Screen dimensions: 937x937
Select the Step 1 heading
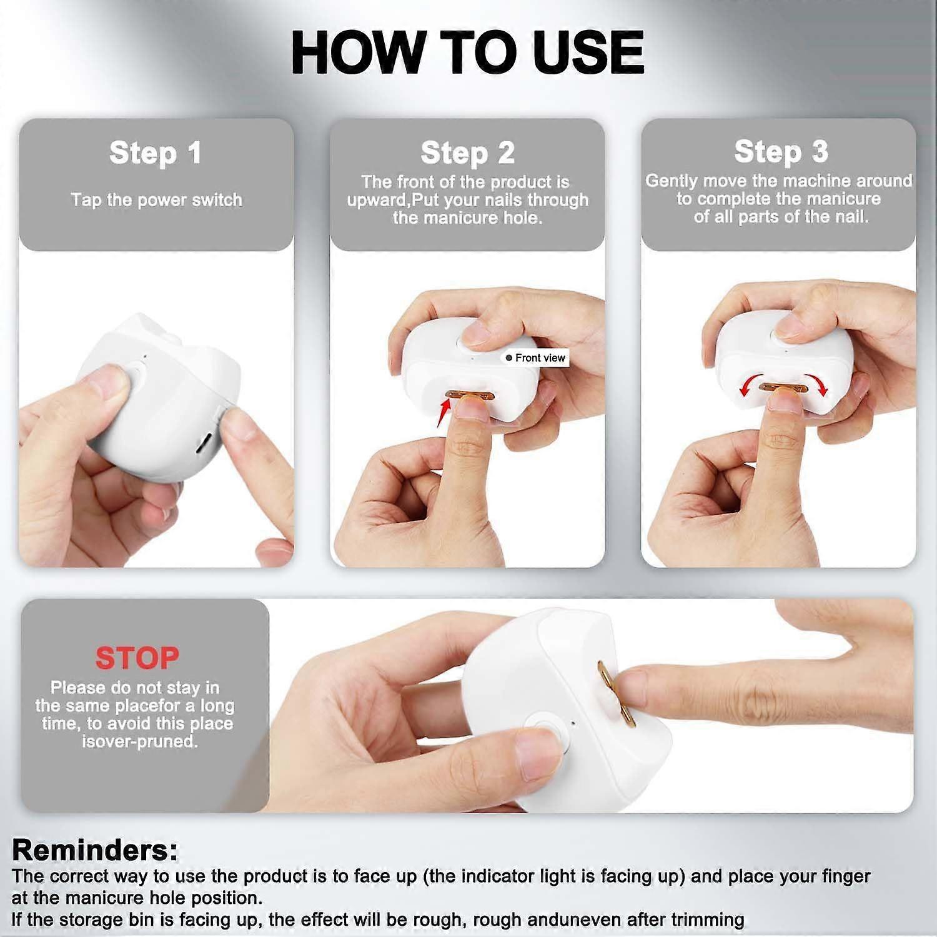point(156,153)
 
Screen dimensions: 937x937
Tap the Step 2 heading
point(468,153)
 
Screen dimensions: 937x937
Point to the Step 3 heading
point(781,152)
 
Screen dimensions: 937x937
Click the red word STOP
point(137,658)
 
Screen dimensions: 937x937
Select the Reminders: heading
point(95,850)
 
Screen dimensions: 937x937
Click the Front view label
point(536,358)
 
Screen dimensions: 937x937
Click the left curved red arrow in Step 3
point(748,383)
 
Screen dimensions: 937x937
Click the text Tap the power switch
point(156,200)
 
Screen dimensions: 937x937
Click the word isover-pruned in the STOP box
point(139,741)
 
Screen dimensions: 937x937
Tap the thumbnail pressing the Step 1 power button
point(107,380)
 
